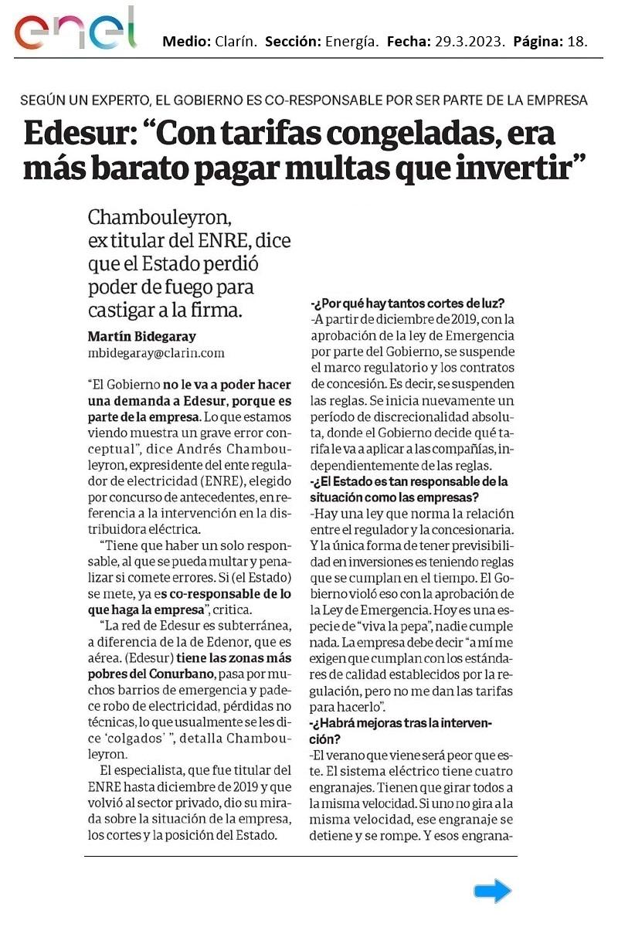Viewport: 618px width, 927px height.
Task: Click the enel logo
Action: tap(74, 32)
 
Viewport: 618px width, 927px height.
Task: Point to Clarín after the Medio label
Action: tap(233, 41)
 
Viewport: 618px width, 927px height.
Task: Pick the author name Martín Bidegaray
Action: tap(142, 337)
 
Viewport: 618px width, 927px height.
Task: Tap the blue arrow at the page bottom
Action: tap(492, 891)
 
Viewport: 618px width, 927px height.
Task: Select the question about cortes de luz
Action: tap(407, 303)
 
